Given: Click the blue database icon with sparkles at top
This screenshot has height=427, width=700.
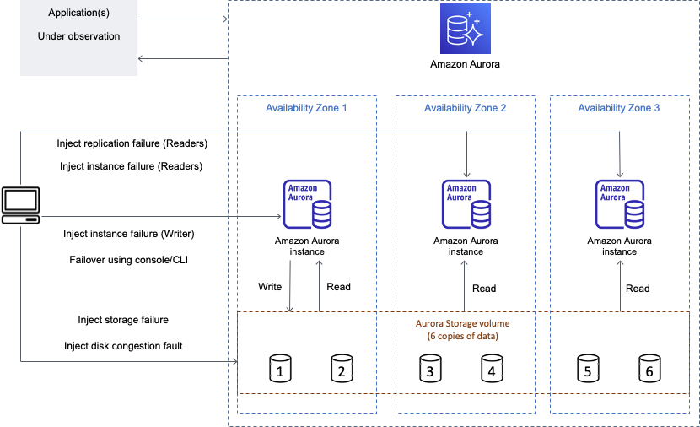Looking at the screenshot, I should click(x=465, y=29).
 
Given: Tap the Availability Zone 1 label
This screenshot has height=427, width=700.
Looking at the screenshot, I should click(x=306, y=108).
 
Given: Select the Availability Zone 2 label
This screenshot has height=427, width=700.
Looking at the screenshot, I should click(x=465, y=108).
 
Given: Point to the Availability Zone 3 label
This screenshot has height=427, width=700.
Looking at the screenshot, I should click(x=618, y=108).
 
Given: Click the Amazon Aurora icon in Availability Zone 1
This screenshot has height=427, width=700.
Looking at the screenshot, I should click(x=307, y=204).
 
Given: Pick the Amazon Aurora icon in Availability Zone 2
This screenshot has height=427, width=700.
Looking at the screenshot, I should click(x=466, y=204).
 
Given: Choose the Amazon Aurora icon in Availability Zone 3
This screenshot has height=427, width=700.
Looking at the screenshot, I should click(x=620, y=204).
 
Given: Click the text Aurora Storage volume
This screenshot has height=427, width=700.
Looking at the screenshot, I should click(x=462, y=323).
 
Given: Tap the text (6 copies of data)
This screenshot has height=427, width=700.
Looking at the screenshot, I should click(x=462, y=337).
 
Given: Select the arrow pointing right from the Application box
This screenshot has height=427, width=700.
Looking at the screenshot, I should click(x=183, y=18).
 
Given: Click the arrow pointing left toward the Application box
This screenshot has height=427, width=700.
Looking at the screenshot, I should click(x=183, y=58).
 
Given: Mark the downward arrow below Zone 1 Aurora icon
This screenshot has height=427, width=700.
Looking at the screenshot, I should click(x=290, y=287).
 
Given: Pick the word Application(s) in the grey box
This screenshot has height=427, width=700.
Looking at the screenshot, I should click(x=78, y=14).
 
